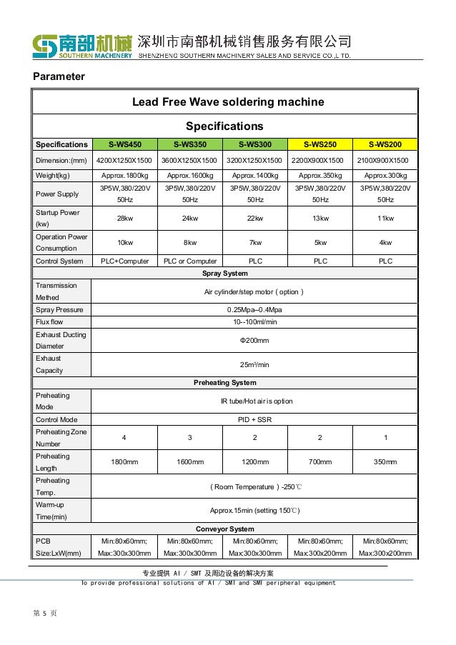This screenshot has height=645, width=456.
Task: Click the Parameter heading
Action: (x=59, y=76)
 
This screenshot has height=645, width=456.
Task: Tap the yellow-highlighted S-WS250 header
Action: (x=320, y=144)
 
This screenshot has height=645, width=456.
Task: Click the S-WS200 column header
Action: (x=385, y=144)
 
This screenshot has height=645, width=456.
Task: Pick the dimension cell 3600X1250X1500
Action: (x=190, y=160)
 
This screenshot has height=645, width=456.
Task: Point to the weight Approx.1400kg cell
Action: (x=255, y=176)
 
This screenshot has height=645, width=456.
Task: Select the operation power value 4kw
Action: (x=385, y=242)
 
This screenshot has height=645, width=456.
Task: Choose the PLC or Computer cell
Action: (x=190, y=261)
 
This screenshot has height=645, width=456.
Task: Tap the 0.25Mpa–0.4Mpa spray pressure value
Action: (x=254, y=310)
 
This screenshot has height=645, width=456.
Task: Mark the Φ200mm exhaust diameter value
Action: (x=254, y=340)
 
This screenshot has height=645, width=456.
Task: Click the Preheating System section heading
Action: (x=225, y=382)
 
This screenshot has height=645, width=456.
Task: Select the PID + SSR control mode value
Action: (x=254, y=419)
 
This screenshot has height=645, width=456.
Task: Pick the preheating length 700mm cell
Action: (x=320, y=462)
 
